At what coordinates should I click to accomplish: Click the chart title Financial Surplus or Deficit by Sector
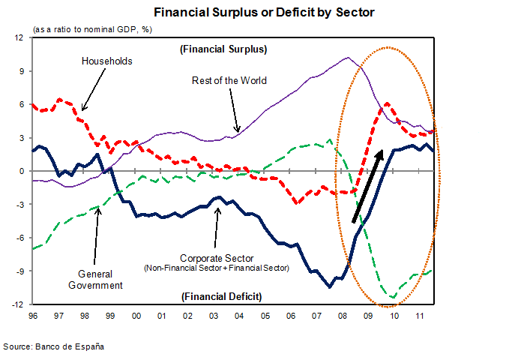[x=264, y=13]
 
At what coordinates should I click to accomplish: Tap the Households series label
[x=106, y=61]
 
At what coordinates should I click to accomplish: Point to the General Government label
[x=100, y=279]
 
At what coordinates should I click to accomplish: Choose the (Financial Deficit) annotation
[x=222, y=296]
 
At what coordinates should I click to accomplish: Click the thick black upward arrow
[x=368, y=184]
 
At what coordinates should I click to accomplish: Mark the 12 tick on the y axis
[x=20, y=37]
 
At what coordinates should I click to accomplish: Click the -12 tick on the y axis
[x=19, y=305]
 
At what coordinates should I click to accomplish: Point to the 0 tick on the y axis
[x=22, y=171]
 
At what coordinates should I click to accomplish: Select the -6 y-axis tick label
[x=20, y=238]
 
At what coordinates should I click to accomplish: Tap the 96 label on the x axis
[x=33, y=316]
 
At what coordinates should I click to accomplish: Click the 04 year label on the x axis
[x=238, y=316]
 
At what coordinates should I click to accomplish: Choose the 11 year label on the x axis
[x=420, y=316]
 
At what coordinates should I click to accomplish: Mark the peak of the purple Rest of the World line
[x=346, y=57]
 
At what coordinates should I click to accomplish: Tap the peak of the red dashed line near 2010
[x=387, y=103]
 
